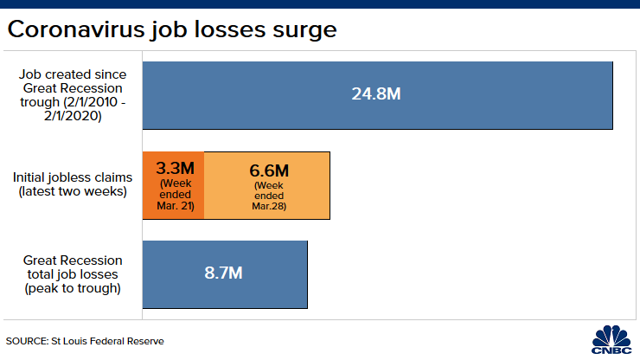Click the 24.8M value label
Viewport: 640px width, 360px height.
376,94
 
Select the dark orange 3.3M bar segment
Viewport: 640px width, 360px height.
174,185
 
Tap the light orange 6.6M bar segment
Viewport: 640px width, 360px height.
267,185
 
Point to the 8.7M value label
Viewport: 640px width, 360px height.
223,273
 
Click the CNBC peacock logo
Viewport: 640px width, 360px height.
611,339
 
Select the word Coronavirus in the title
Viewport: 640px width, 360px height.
76,29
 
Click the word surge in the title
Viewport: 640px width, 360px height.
304,30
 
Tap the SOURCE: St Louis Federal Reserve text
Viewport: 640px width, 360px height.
85,341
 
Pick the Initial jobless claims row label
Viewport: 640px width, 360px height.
73,184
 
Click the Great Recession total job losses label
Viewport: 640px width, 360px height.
73,274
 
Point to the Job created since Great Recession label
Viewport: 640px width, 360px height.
73,95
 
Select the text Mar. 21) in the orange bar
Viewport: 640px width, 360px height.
176,206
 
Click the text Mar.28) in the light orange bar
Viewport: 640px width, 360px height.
269,206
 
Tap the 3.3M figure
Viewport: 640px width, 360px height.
175,169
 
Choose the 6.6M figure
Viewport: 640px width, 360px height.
269,170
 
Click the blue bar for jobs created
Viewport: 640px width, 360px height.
378,95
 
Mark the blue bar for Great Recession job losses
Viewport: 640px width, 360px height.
225,274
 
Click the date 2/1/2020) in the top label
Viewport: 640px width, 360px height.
73,116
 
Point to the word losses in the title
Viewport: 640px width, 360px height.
229,29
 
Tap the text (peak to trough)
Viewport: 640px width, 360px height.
73,288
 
